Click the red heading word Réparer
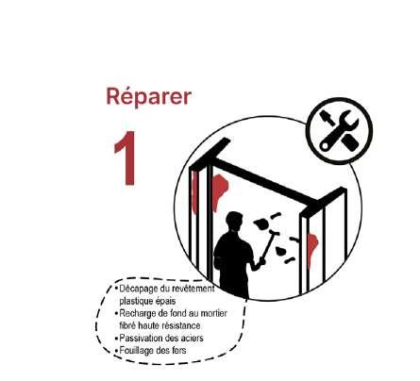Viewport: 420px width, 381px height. [x=149, y=96]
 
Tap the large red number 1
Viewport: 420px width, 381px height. [x=126, y=158]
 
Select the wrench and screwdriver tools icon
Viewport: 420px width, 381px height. [x=340, y=130]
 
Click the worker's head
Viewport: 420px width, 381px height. [x=235, y=222]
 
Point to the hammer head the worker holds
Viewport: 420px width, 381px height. [x=273, y=233]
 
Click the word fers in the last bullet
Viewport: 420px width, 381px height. [x=179, y=350]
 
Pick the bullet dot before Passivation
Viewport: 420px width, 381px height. [x=116, y=339]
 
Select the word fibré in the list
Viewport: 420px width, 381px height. [x=127, y=325]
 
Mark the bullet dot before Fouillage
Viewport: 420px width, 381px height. [x=116, y=351]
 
